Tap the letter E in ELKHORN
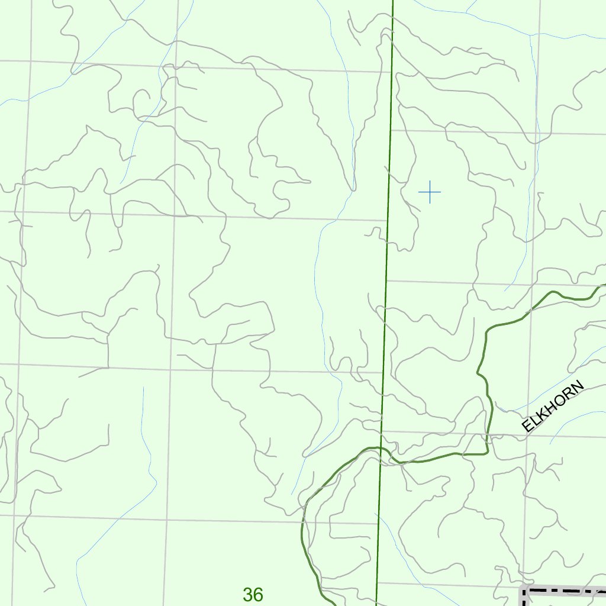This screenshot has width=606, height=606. tap(527, 427)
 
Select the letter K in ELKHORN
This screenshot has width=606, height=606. tap(540, 416)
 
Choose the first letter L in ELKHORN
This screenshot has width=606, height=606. tap(533, 421)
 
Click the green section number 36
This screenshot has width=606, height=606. tap(253, 594)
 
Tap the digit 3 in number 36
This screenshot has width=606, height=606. tap(247, 594)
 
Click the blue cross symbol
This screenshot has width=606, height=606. tap(430, 192)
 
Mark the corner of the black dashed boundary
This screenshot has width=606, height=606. tap(524, 591)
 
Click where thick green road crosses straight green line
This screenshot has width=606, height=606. tap(381, 448)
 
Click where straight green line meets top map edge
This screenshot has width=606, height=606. tap(393, 1)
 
